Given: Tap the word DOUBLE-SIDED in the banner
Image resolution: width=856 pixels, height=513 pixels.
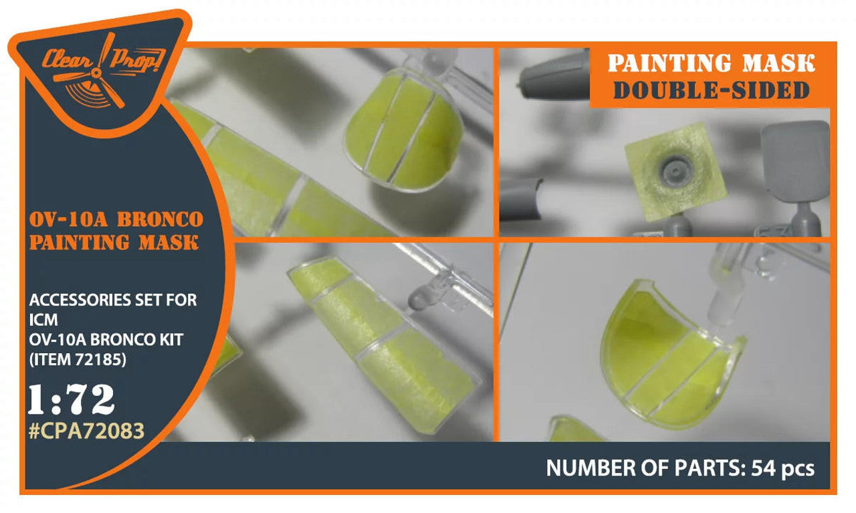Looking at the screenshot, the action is click(x=711, y=90).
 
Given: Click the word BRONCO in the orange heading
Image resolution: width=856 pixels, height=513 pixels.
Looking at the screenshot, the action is click(x=160, y=219).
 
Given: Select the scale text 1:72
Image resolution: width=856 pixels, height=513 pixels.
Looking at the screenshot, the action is click(x=72, y=399).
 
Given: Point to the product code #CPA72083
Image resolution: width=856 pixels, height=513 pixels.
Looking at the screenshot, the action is click(x=87, y=431).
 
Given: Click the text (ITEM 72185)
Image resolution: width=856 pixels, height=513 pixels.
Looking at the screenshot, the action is click(x=78, y=359).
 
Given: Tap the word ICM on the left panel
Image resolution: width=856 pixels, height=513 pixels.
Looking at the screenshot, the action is click(x=43, y=320).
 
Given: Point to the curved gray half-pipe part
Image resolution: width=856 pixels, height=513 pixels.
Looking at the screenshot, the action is click(x=520, y=199).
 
